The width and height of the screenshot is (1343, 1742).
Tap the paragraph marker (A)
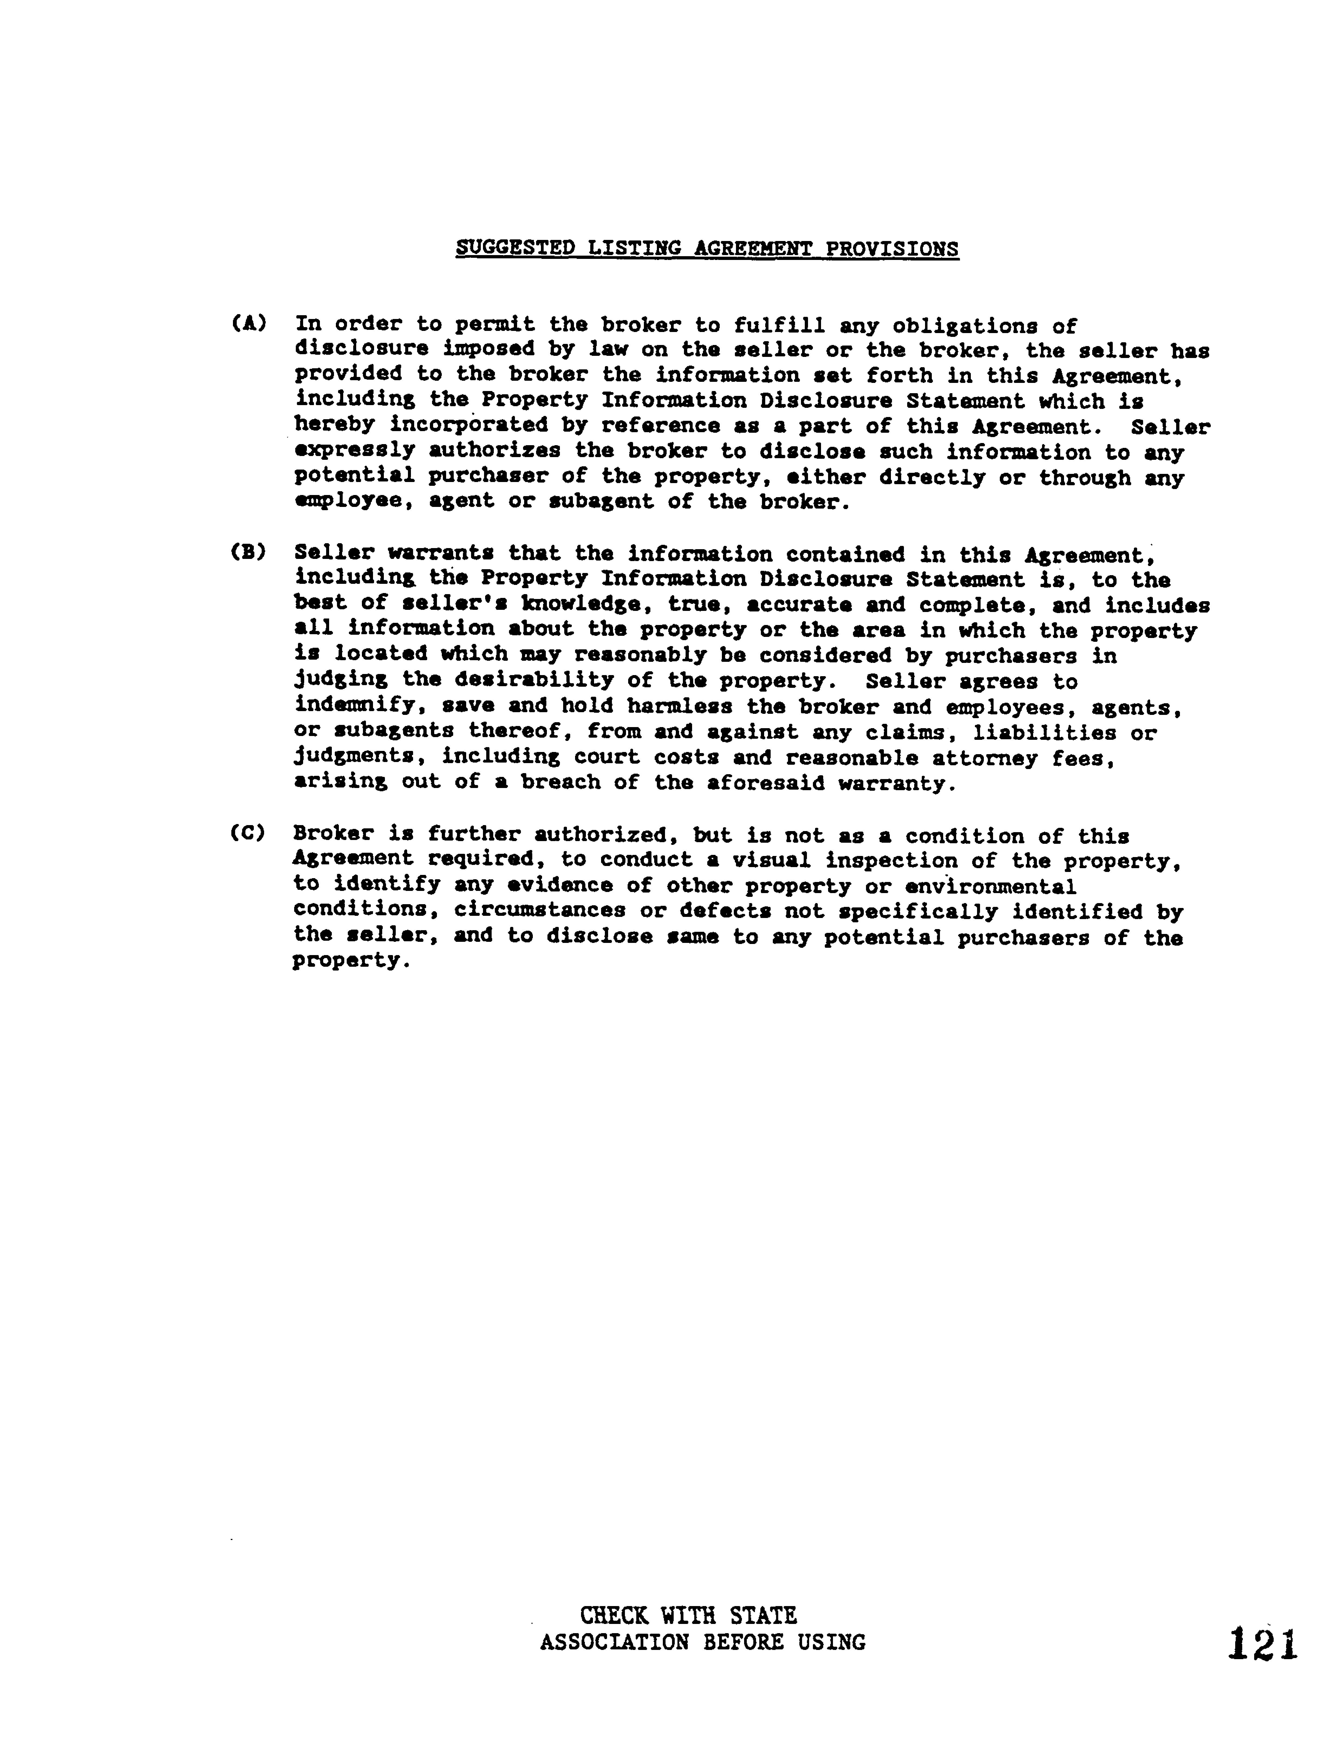[x=248, y=324]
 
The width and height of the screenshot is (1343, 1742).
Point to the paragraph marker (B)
[x=248, y=552]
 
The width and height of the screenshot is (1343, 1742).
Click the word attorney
[x=985, y=757]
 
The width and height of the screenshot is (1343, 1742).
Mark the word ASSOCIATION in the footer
[x=613, y=1642]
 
